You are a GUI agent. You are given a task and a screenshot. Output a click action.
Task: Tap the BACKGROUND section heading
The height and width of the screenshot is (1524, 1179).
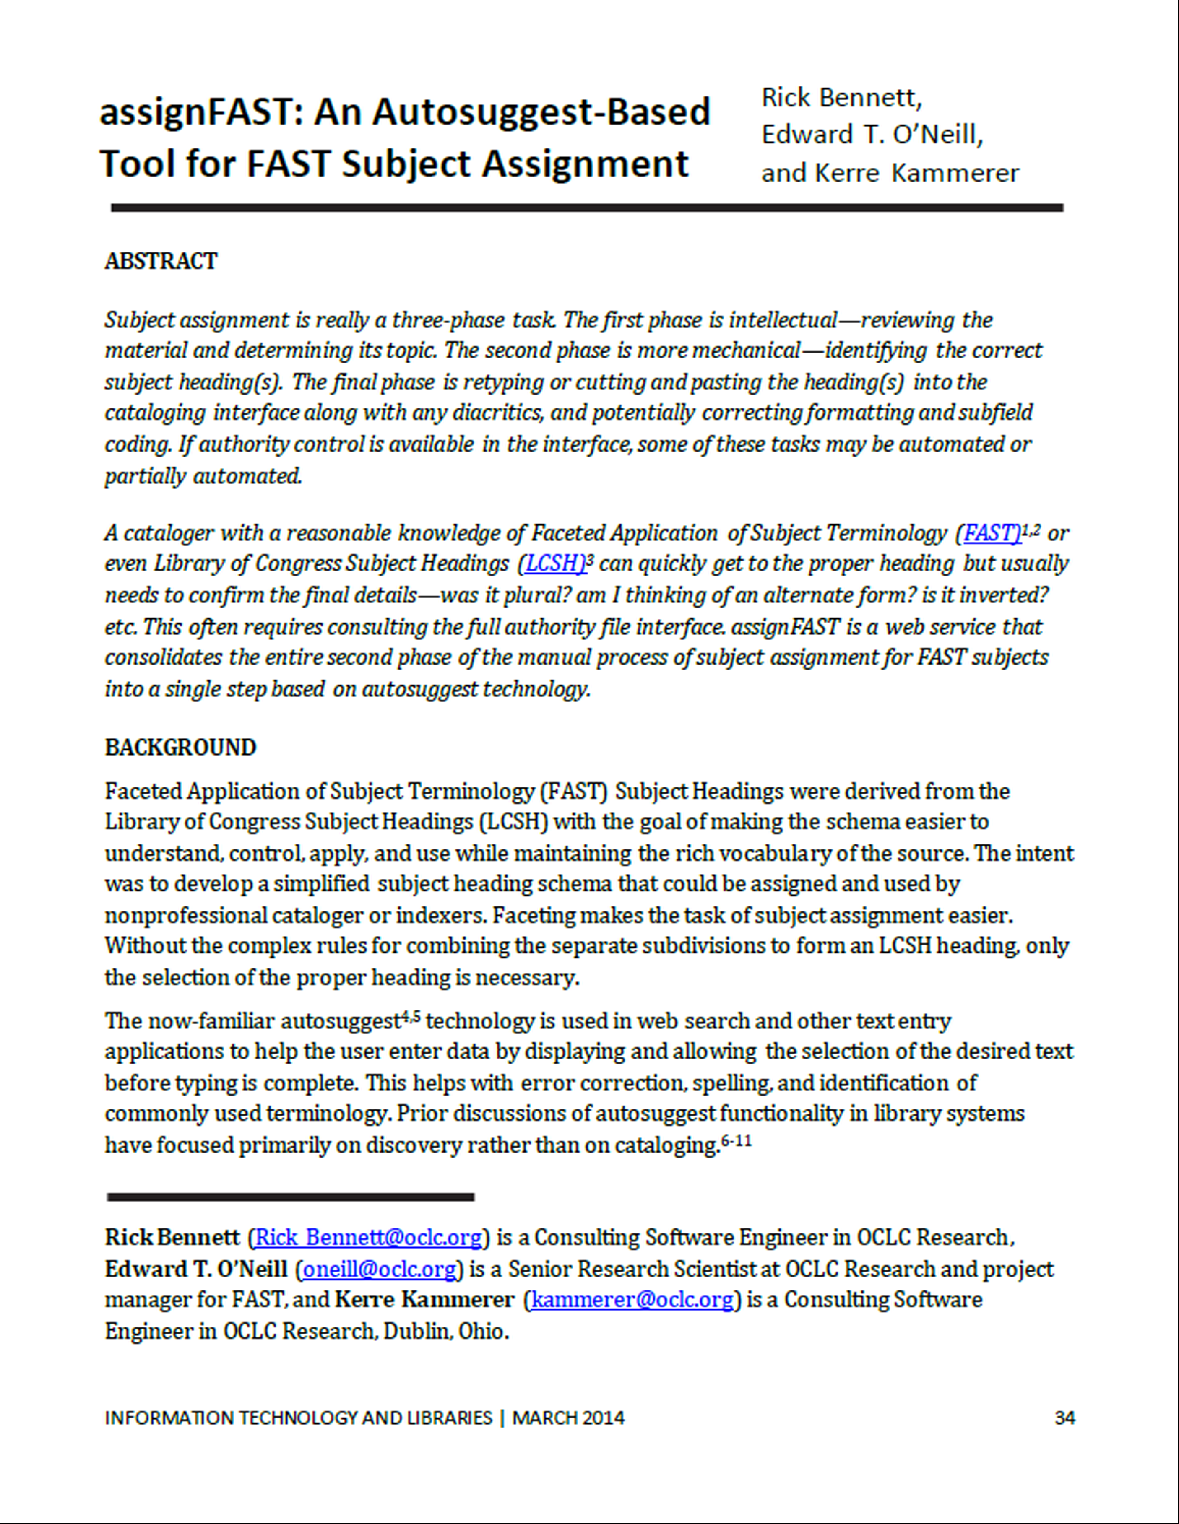pyautogui.click(x=180, y=748)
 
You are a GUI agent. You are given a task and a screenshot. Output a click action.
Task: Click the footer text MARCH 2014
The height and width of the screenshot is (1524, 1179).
pyautogui.click(x=568, y=1418)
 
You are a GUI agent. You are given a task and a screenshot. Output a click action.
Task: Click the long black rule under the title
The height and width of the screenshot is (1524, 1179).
pyautogui.click(x=586, y=208)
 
